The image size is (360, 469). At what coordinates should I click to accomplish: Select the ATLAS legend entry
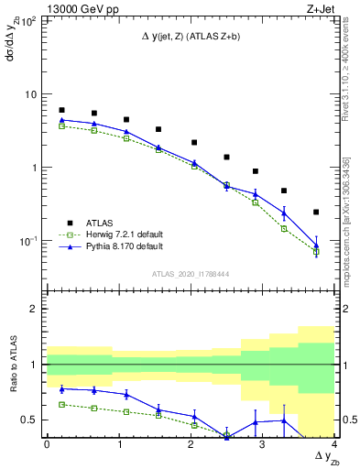[x=98, y=222]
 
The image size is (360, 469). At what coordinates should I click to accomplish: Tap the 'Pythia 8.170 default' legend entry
[x=116, y=246]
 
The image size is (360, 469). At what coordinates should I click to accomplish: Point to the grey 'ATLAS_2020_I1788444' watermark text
[x=191, y=273]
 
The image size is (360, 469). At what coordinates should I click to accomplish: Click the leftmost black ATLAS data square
[x=61, y=110]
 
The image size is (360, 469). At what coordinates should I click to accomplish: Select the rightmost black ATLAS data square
[x=316, y=213]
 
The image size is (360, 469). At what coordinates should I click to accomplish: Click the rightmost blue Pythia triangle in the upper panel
[x=316, y=245]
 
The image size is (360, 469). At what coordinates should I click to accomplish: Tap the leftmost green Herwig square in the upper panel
[x=61, y=126]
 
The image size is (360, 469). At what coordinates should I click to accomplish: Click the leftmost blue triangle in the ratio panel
[x=61, y=388]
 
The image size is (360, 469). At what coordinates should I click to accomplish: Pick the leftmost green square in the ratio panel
[x=61, y=404]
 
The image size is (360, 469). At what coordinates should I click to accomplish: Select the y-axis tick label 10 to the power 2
[x=29, y=20]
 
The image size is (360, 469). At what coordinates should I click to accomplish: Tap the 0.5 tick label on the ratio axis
[x=29, y=420]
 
